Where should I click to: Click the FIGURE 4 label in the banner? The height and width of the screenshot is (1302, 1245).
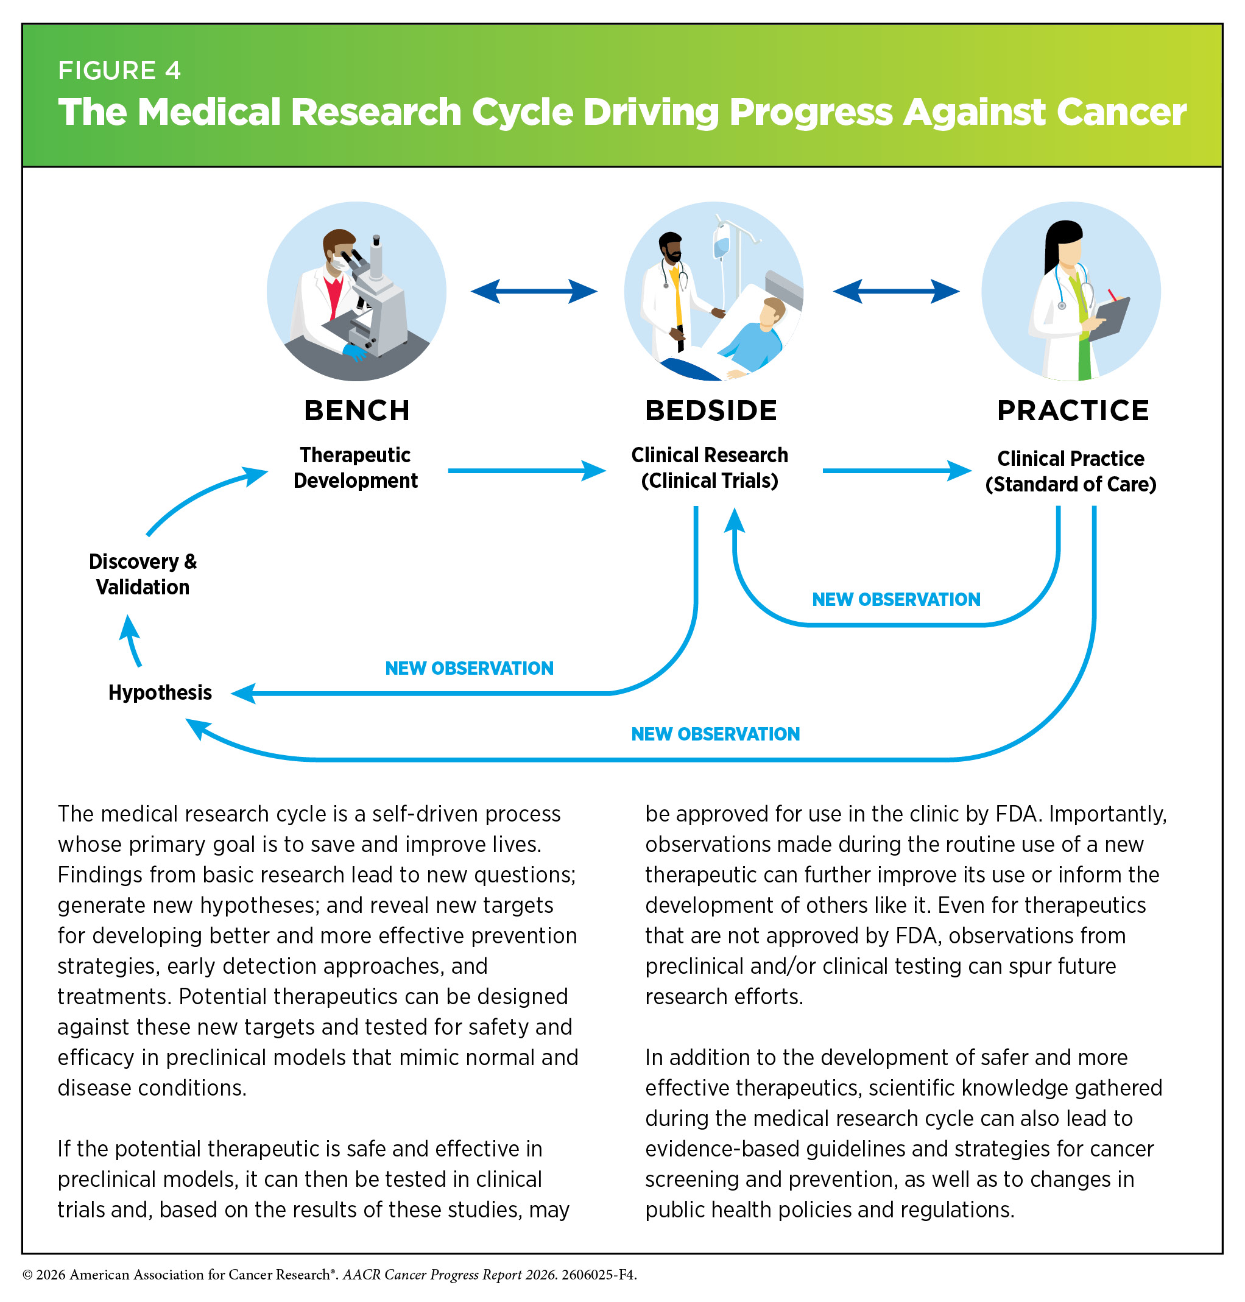pos(119,71)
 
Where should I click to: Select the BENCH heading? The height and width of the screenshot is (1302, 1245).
pos(357,411)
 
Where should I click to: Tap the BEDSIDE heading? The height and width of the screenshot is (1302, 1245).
pos(711,411)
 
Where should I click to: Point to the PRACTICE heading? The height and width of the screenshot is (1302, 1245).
pos(1073,411)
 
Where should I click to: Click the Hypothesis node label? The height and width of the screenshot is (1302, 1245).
pos(160,693)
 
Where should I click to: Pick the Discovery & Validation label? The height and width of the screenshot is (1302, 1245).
pos(143,574)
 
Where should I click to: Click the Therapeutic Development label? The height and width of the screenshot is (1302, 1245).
pos(356,467)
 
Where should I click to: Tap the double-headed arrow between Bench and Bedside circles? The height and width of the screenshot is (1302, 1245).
pos(534,291)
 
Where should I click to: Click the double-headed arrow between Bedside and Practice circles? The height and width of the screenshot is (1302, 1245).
pos(896,291)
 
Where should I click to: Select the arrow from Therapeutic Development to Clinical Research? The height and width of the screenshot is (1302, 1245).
pos(527,471)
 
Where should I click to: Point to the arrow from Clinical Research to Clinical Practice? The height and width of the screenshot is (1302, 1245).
pos(897,471)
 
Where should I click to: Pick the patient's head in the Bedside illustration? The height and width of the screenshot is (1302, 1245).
pos(772,311)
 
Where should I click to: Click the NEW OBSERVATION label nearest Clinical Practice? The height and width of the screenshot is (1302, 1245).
pos(896,599)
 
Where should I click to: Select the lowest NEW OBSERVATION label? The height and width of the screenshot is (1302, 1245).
pos(716,734)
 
